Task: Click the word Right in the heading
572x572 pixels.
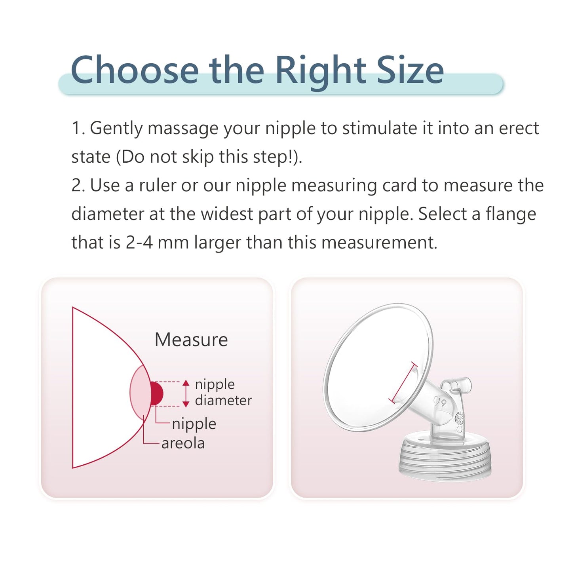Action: (x=321, y=72)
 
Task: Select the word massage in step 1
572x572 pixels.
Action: (x=183, y=129)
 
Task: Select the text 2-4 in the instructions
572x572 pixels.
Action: (x=139, y=243)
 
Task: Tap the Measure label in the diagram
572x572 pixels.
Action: (x=191, y=340)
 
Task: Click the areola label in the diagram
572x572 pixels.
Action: (x=183, y=443)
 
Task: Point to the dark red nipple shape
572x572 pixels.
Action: (x=157, y=393)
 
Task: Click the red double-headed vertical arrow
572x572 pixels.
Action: (x=186, y=393)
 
